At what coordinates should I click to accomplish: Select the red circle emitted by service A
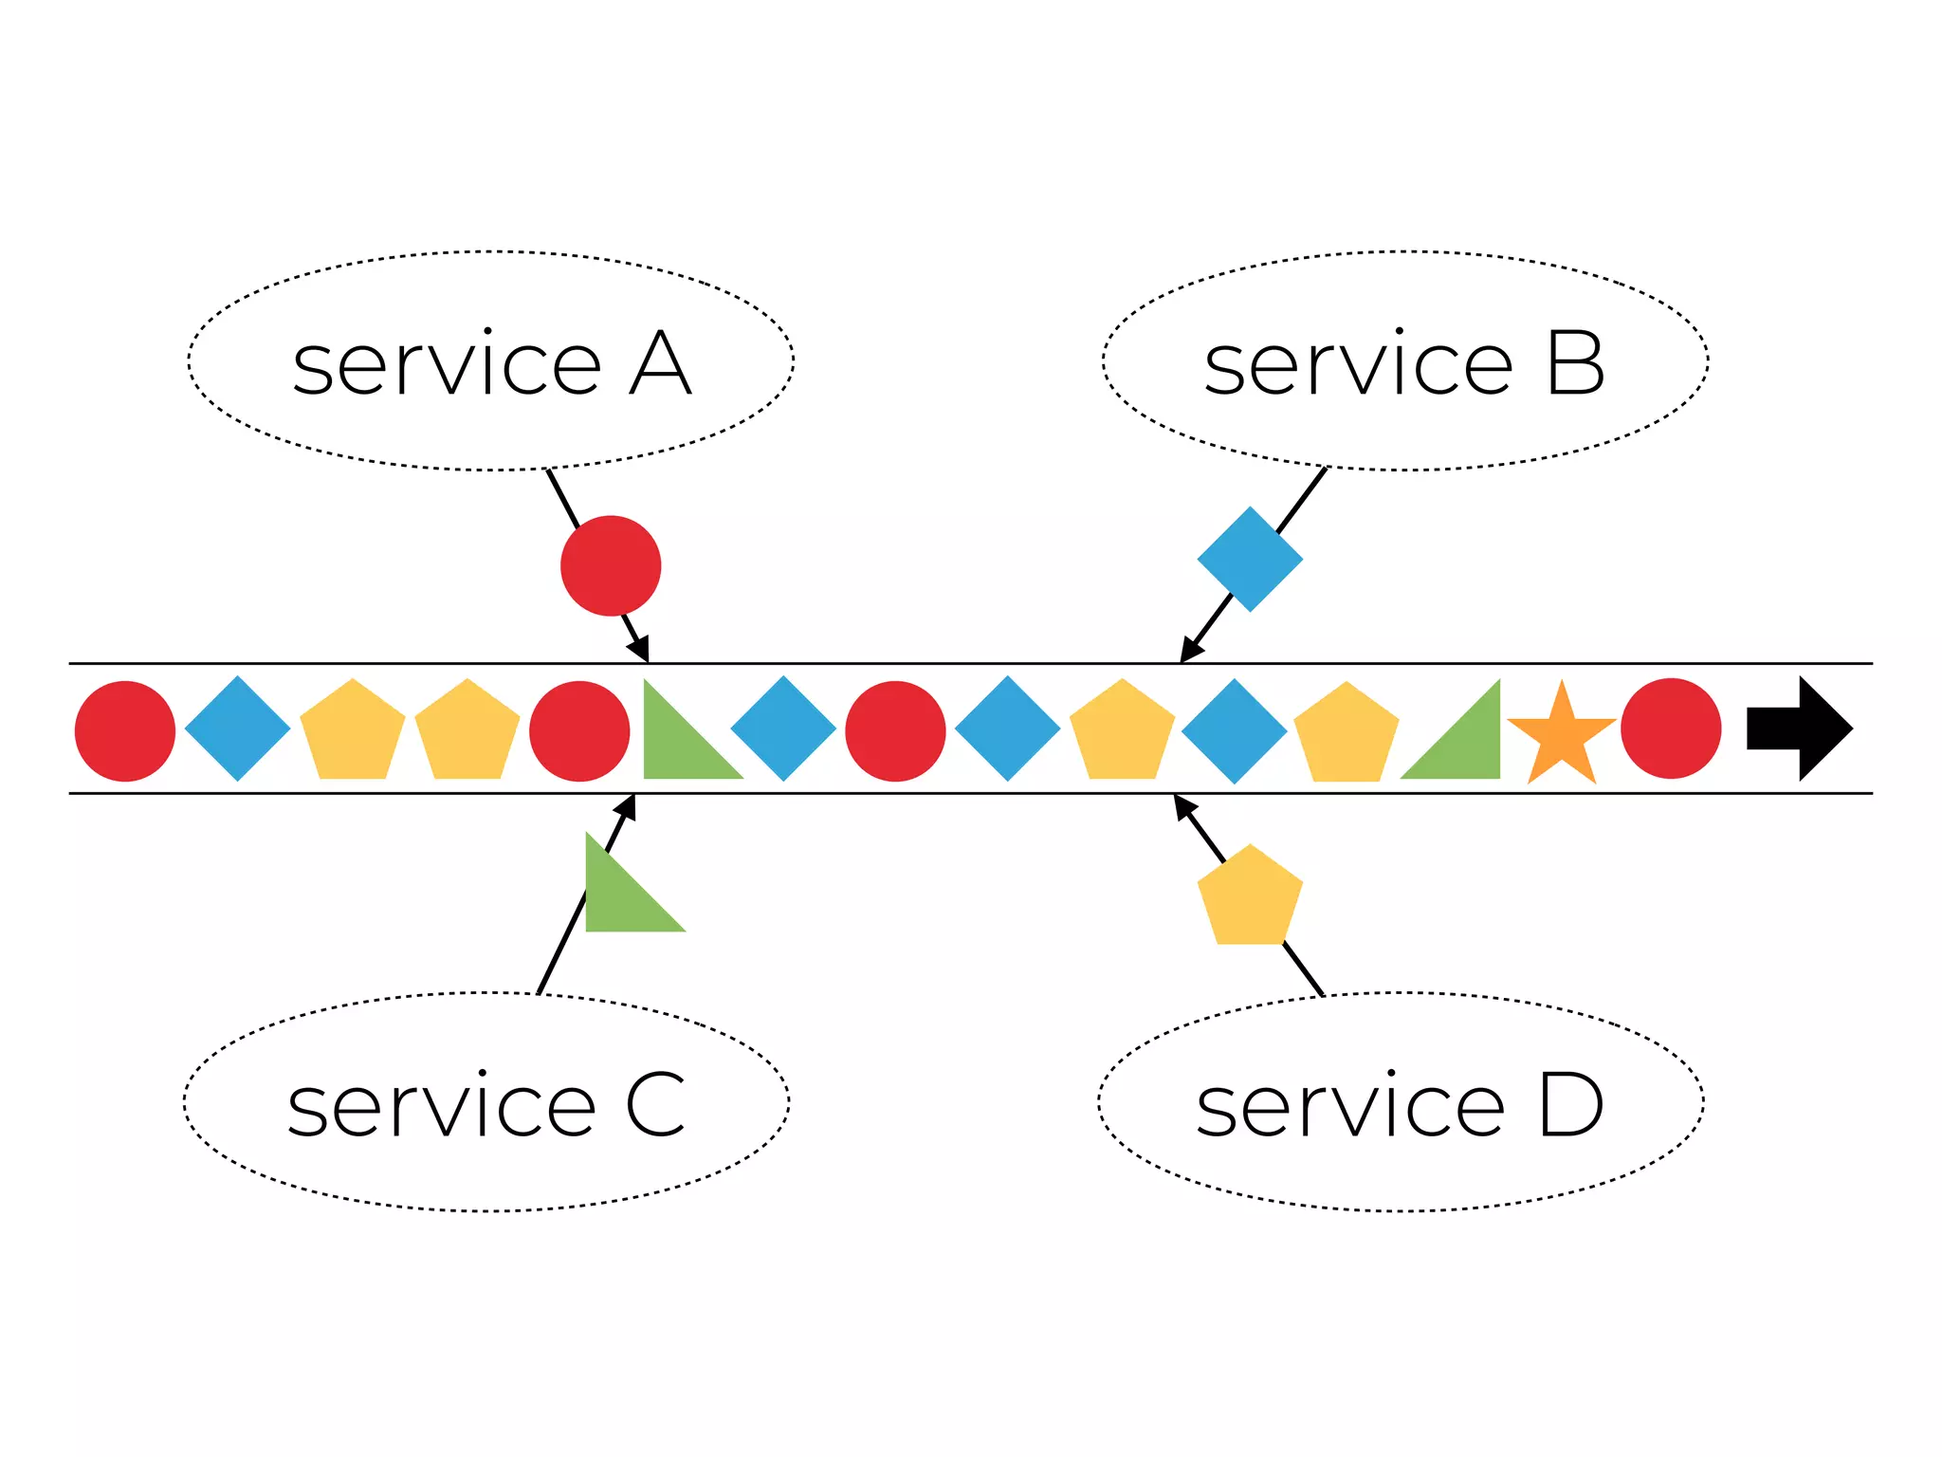(x=611, y=565)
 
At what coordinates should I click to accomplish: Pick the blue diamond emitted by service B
(x=1250, y=559)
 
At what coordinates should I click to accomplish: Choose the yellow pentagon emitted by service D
(x=1250, y=896)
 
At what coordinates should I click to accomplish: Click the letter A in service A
(x=660, y=364)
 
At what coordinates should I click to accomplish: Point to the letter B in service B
(x=1575, y=364)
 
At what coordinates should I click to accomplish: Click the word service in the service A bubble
(x=447, y=364)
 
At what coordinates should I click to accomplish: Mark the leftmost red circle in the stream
(x=125, y=730)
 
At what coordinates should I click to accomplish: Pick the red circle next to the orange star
(x=1671, y=728)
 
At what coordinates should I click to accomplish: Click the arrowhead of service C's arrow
(x=626, y=806)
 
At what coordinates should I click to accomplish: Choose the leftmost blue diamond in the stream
(x=237, y=728)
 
